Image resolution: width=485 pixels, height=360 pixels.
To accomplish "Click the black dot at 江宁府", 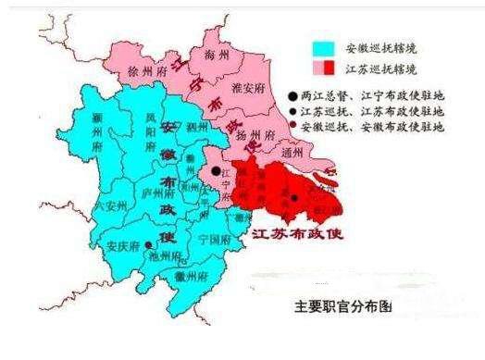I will tap(214, 171).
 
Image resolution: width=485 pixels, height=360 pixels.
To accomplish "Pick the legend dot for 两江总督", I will tap(293, 95).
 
